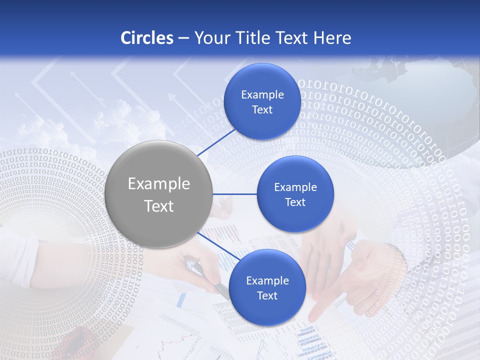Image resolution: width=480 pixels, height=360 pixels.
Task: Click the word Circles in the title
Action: pos(146,37)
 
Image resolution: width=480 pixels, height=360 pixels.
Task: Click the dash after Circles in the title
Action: pos(183,38)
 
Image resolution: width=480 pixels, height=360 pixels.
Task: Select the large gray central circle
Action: pos(158,194)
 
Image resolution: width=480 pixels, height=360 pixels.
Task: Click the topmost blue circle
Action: pos(262,101)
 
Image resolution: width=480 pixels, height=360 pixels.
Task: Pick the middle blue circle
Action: pos(295,194)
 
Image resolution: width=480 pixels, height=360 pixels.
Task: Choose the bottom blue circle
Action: pos(267,287)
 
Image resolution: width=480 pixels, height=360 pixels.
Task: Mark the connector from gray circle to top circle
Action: pos(217,142)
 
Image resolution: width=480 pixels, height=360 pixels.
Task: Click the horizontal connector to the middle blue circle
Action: pos(234,194)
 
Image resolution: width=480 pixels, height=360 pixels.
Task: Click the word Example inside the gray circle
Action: pos(159,184)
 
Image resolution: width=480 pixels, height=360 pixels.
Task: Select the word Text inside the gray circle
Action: pos(159,206)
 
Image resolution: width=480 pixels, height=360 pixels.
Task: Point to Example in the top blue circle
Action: pos(262,94)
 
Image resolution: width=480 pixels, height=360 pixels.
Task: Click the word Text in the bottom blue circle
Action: pos(267,295)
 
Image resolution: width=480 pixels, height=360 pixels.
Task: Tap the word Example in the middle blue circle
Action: pos(295,187)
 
